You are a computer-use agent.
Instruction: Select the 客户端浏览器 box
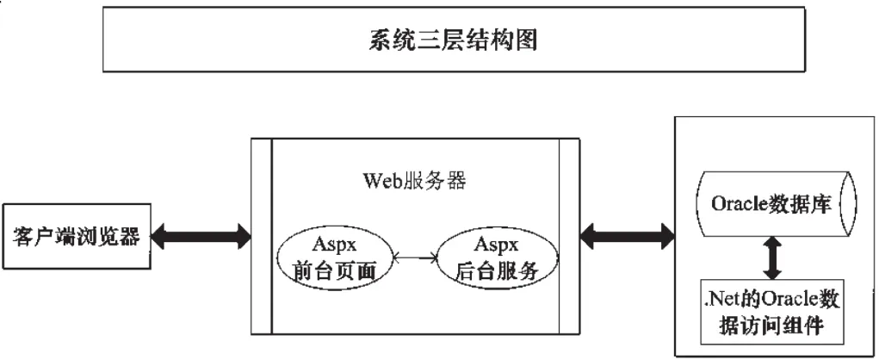point(72,234)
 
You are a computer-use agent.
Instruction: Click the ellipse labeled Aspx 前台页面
point(331,257)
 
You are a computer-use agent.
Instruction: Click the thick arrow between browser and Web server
point(196,234)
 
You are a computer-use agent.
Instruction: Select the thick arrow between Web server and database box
point(628,233)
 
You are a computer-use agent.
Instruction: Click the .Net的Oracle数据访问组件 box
point(772,313)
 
